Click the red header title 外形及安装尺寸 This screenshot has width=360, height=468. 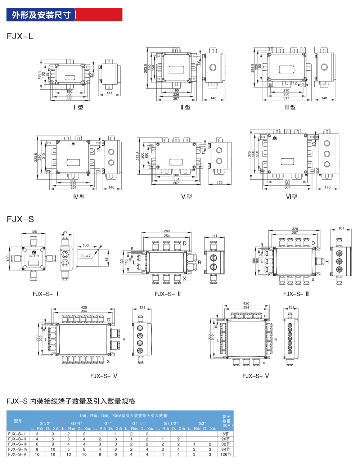[41, 15]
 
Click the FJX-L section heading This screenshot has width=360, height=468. [20, 36]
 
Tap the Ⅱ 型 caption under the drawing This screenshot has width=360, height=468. [185, 107]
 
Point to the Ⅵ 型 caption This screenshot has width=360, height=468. [291, 197]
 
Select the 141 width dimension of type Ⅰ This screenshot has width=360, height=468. [109, 93]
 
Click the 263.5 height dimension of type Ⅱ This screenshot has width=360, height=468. [146, 68]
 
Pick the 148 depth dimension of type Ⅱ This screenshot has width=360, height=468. [213, 98]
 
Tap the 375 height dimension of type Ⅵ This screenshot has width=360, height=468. [249, 154]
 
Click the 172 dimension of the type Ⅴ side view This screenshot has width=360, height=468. [220, 183]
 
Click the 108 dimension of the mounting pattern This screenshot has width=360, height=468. [86, 245]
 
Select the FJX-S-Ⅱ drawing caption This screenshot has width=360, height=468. [168, 294]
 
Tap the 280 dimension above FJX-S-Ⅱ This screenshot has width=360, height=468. [167, 231]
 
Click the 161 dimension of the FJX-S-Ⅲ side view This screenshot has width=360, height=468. [341, 228]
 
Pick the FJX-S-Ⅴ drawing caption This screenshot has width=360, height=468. [256, 376]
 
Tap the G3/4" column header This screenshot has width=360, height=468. [76, 423]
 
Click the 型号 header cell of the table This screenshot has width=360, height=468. [18, 421]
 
